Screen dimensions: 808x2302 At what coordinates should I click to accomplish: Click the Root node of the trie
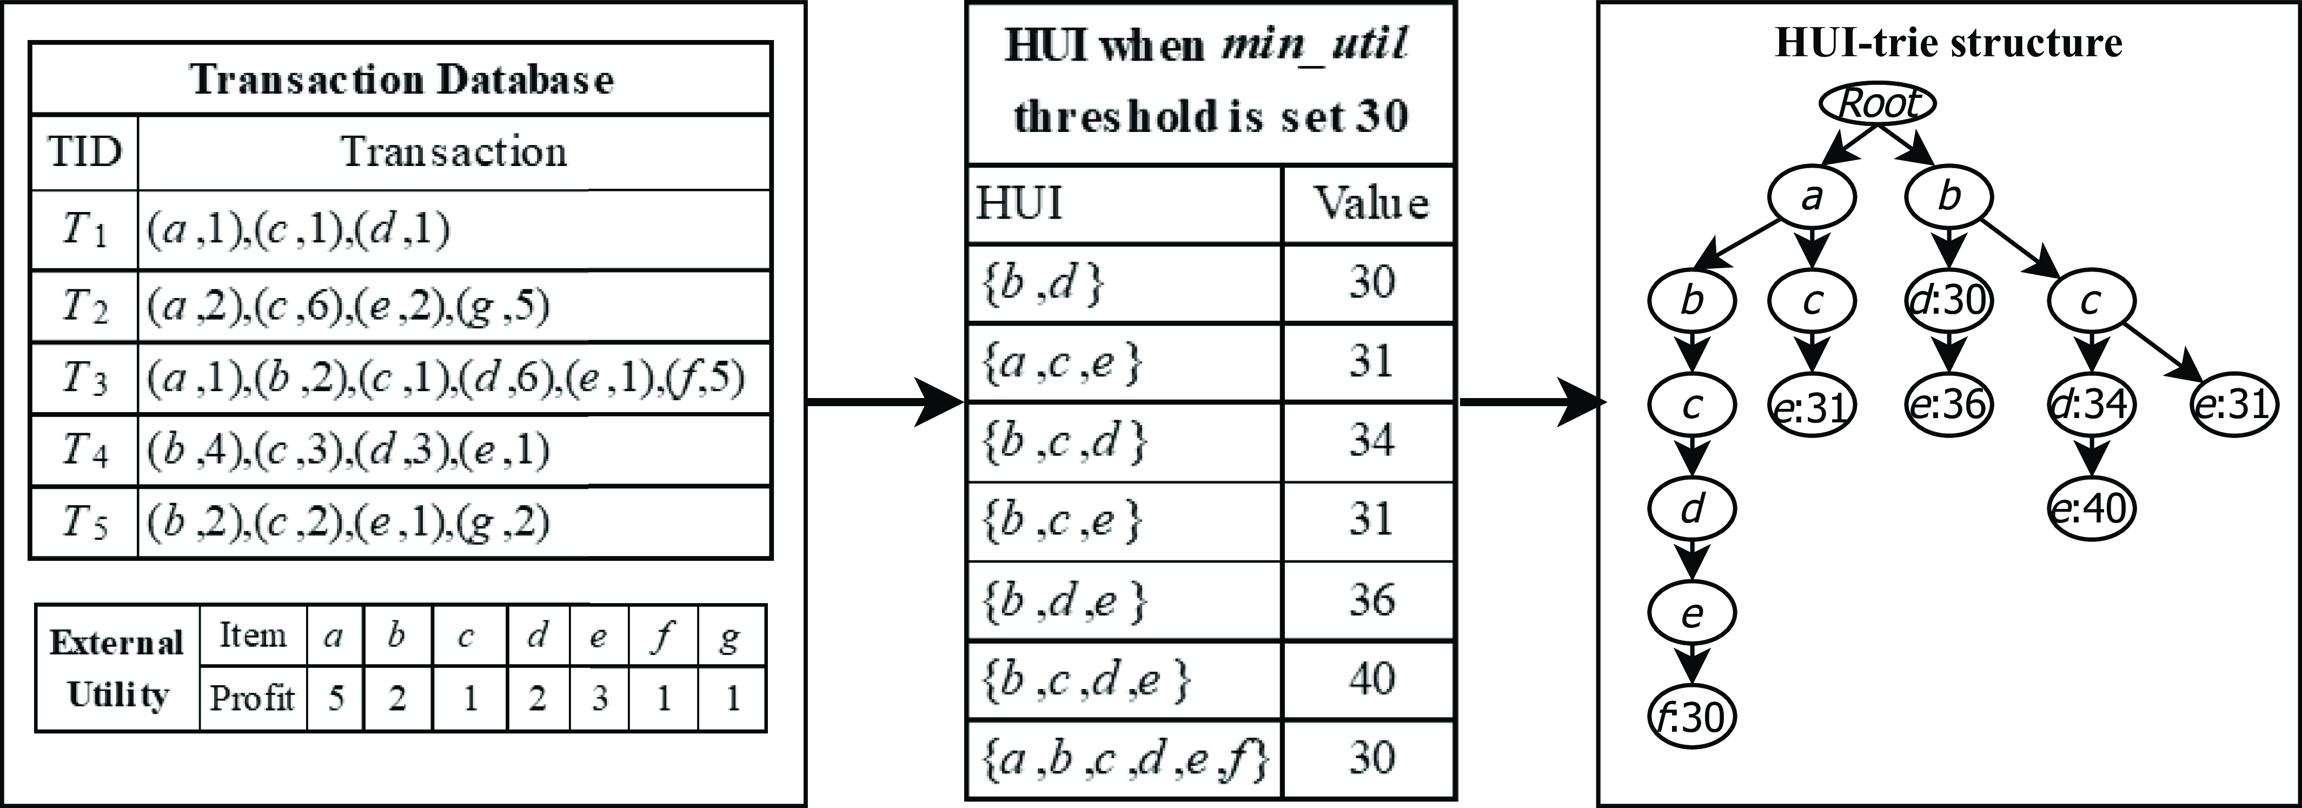pyautogui.click(x=1878, y=104)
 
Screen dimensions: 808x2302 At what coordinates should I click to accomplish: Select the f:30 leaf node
pyautogui.click(x=1691, y=716)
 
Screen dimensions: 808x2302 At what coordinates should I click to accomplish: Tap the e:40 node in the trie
pyautogui.click(x=2090, y=508)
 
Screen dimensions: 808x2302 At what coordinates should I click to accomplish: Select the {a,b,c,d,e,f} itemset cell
pyautogui.click(x=1124, y=759)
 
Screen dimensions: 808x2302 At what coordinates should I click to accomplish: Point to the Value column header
pyautogui.click(x=1370, y=204)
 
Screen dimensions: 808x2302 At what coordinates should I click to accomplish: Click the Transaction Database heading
pyautogui.click(x=401, y=80)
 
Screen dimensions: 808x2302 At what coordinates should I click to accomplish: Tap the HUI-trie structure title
pyautogui.click(x=1948, y=43)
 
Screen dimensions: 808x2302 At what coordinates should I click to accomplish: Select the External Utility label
pyautogui.click(x=117, y=668)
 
